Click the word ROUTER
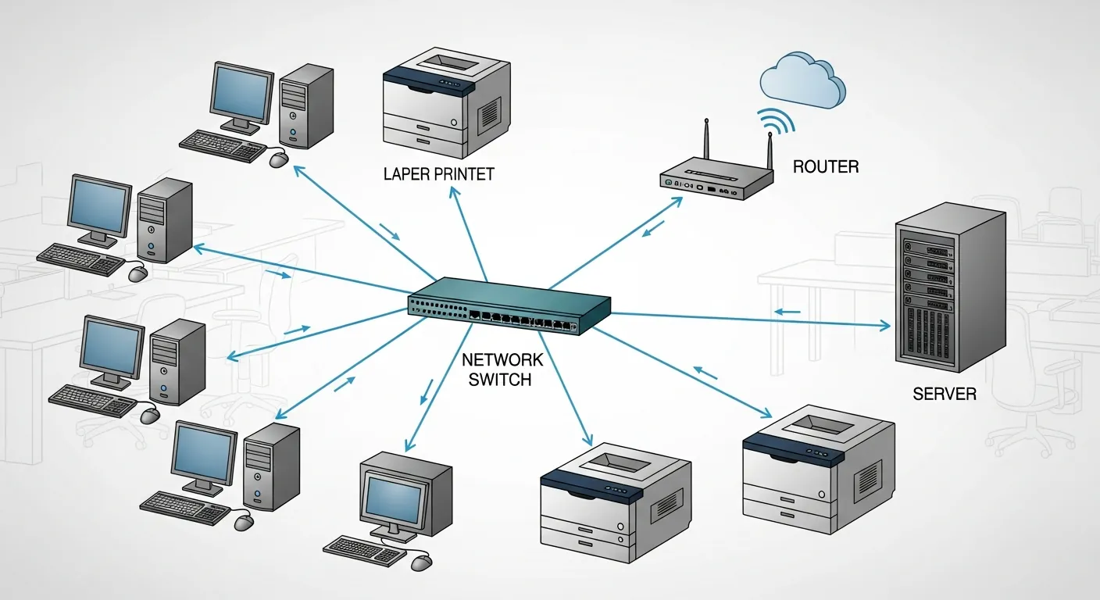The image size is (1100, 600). tap(826, 166)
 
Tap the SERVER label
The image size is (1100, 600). tap(944, 393)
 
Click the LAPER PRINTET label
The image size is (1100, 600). tap(438, 173)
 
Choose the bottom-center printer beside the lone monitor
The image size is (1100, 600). tap(615, 500)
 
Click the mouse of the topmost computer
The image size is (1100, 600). tap(279, 159)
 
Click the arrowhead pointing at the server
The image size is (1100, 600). tap(886, 324)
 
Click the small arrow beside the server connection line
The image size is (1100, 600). tap(787, 312)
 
